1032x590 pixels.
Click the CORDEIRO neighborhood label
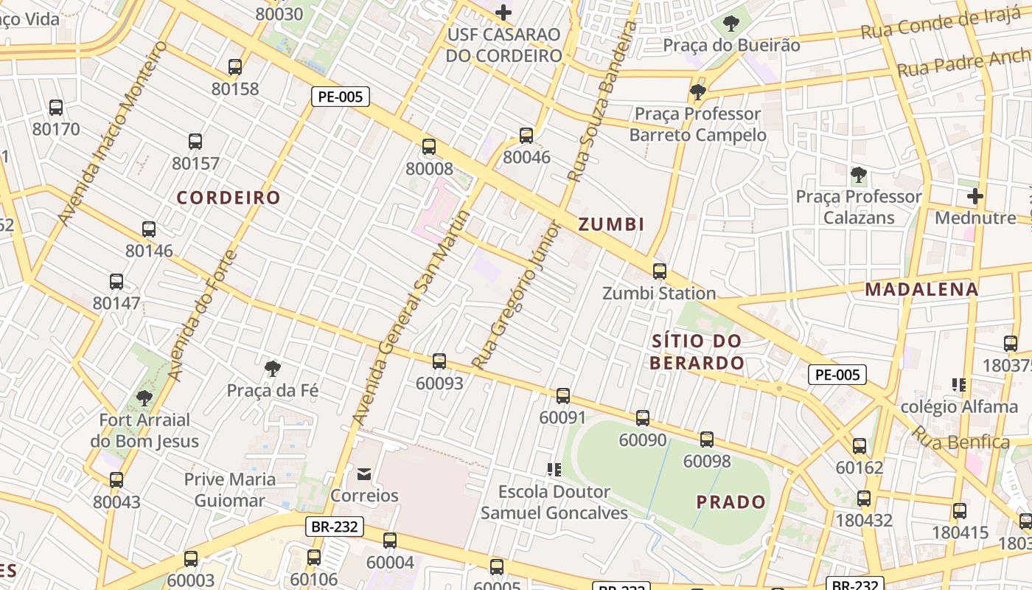click(229, 198)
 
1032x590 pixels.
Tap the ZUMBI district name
click(611, 224)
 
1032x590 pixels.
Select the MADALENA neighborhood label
click(921, 289)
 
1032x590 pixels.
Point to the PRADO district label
click(731, 502)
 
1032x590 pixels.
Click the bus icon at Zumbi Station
click(659, 271)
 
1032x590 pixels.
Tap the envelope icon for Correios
click(364, 473)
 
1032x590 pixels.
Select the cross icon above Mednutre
click(975, 196)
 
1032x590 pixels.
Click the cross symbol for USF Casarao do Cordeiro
click(503, 13)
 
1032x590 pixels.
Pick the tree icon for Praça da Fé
click(273, 367)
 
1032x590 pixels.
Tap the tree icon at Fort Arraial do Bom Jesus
click(144, 398)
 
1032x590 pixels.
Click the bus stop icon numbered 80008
click(429, 147)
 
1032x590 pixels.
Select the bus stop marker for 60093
click(439, 361)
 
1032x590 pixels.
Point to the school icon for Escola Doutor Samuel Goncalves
click(554, 469)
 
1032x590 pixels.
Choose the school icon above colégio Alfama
click(958, 384)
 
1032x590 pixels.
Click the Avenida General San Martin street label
click(411, 317)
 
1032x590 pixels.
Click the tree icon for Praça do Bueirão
click(731, 24)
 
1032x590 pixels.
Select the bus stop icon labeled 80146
click(149, 229)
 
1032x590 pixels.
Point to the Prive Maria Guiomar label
click(229, 490)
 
